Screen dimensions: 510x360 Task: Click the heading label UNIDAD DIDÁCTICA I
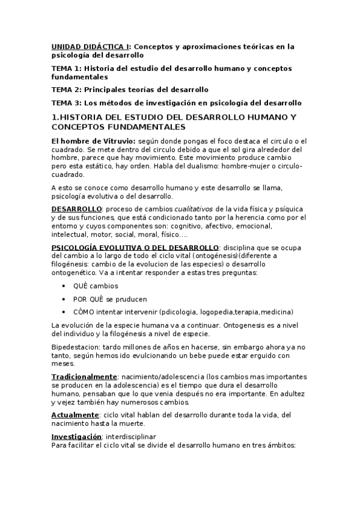coord(90,46)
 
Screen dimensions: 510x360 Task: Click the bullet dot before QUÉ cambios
coord(64,286)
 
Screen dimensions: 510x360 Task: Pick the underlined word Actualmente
coord(75,415)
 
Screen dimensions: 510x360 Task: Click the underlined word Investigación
coord(76,436)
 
